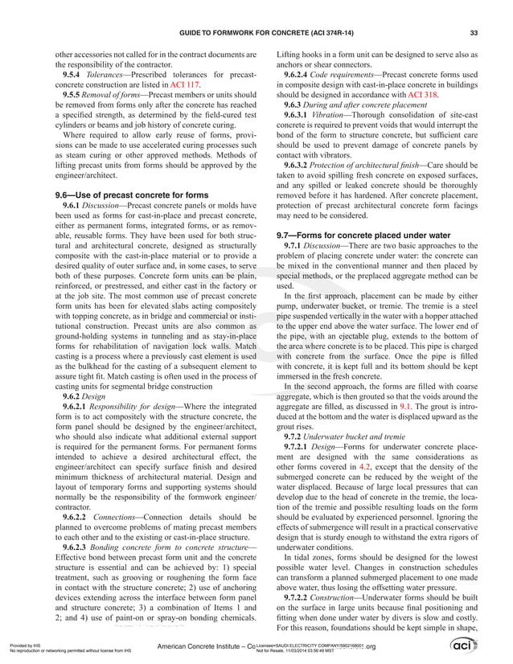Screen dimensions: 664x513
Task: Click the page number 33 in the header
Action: coord(474,32)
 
